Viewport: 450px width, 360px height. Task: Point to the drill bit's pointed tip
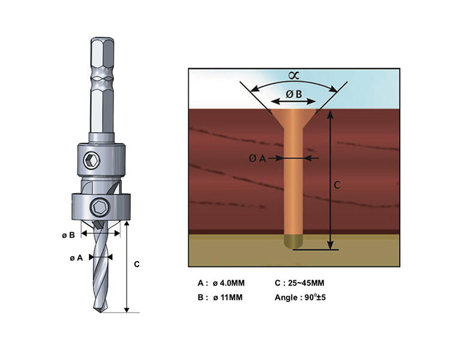[100, 311]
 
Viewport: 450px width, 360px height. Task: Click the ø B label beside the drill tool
[68, 235]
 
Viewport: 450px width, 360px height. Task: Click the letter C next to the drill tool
[137, 264]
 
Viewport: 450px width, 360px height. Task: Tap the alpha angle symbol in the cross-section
[293, 76]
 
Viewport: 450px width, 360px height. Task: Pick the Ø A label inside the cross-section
[257, 158]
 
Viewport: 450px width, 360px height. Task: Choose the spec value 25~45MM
[307, 283]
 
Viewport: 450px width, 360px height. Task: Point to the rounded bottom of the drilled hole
[293, 243]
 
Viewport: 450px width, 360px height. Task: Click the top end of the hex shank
[101, 41]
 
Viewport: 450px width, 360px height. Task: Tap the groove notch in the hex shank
[101, 79]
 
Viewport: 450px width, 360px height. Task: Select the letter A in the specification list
[200, 283]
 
